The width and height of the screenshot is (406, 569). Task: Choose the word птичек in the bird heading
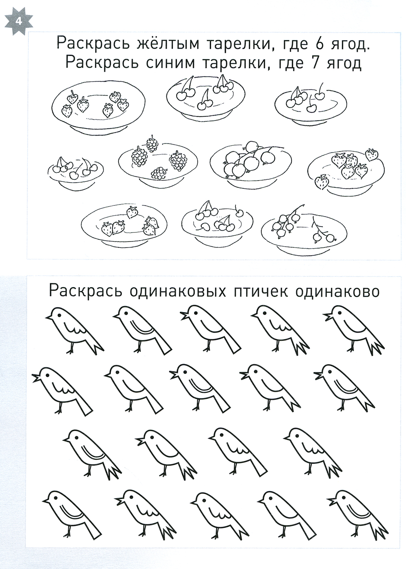click(260, 292)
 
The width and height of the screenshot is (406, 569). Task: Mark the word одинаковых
click(177, 292)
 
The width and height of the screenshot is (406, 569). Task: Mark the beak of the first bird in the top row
click(49, 317)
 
